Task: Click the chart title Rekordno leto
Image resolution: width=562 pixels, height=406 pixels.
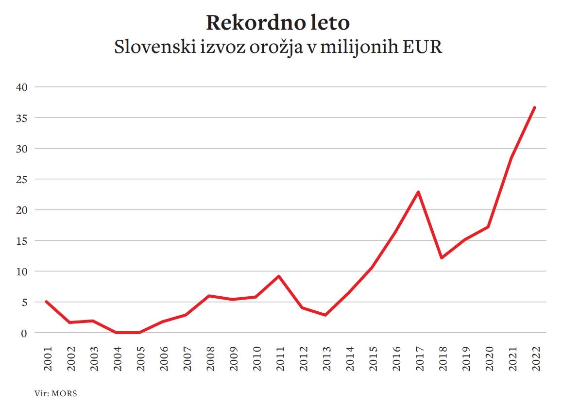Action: (278, 23)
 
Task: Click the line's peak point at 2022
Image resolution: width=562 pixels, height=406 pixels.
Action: (534, 107)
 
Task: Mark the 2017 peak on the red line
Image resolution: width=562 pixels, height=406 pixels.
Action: (418, 192)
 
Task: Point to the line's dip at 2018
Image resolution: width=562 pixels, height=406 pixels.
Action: (441, 258)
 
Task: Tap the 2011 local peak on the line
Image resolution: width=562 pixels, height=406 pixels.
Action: (279, 276)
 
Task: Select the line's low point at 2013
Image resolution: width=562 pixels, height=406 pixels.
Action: (325, 315)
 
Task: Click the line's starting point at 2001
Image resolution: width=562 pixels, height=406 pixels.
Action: (47, 302)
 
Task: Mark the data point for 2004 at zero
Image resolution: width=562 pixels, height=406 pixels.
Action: (116, 333)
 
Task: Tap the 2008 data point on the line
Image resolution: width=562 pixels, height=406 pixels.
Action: (209, 296)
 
